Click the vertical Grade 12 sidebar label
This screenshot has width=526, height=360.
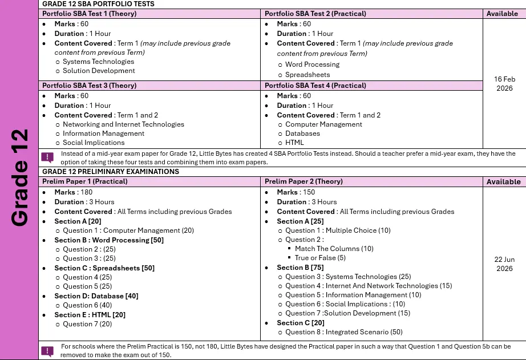(20, 178)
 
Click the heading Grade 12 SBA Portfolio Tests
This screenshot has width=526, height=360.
(98, 4)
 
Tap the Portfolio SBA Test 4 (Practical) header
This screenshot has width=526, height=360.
(315, 86)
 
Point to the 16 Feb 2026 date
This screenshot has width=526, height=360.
(504, 84)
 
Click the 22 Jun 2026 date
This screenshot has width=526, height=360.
(504, 264)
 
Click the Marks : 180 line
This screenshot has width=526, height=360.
(73, 192)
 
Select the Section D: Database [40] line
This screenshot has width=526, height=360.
(96, 296)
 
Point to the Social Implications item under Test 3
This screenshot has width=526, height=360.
(93, 143)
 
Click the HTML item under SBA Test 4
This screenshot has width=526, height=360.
(294, 143)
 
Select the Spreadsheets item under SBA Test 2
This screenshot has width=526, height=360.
(307, 75)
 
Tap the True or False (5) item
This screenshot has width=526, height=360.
(320, 258)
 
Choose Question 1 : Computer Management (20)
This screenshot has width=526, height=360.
(128, 230)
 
